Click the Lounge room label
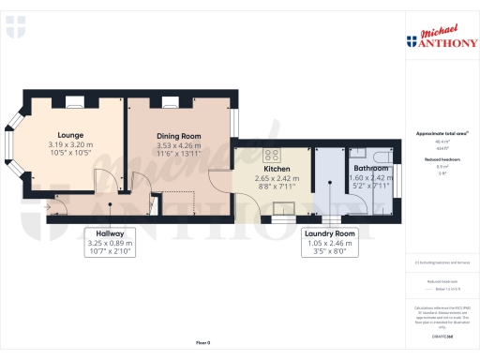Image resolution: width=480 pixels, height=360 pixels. [71, 135]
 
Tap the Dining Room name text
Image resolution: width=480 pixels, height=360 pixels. [179, 136]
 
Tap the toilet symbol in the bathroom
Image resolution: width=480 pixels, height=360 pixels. [382, 157]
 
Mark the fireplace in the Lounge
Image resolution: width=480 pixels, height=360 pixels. [74, 98]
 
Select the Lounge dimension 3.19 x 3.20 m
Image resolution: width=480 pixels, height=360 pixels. [71, 145]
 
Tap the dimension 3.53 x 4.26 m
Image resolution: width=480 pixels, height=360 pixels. [179, 145]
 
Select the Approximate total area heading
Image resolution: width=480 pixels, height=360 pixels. [440, 134]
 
